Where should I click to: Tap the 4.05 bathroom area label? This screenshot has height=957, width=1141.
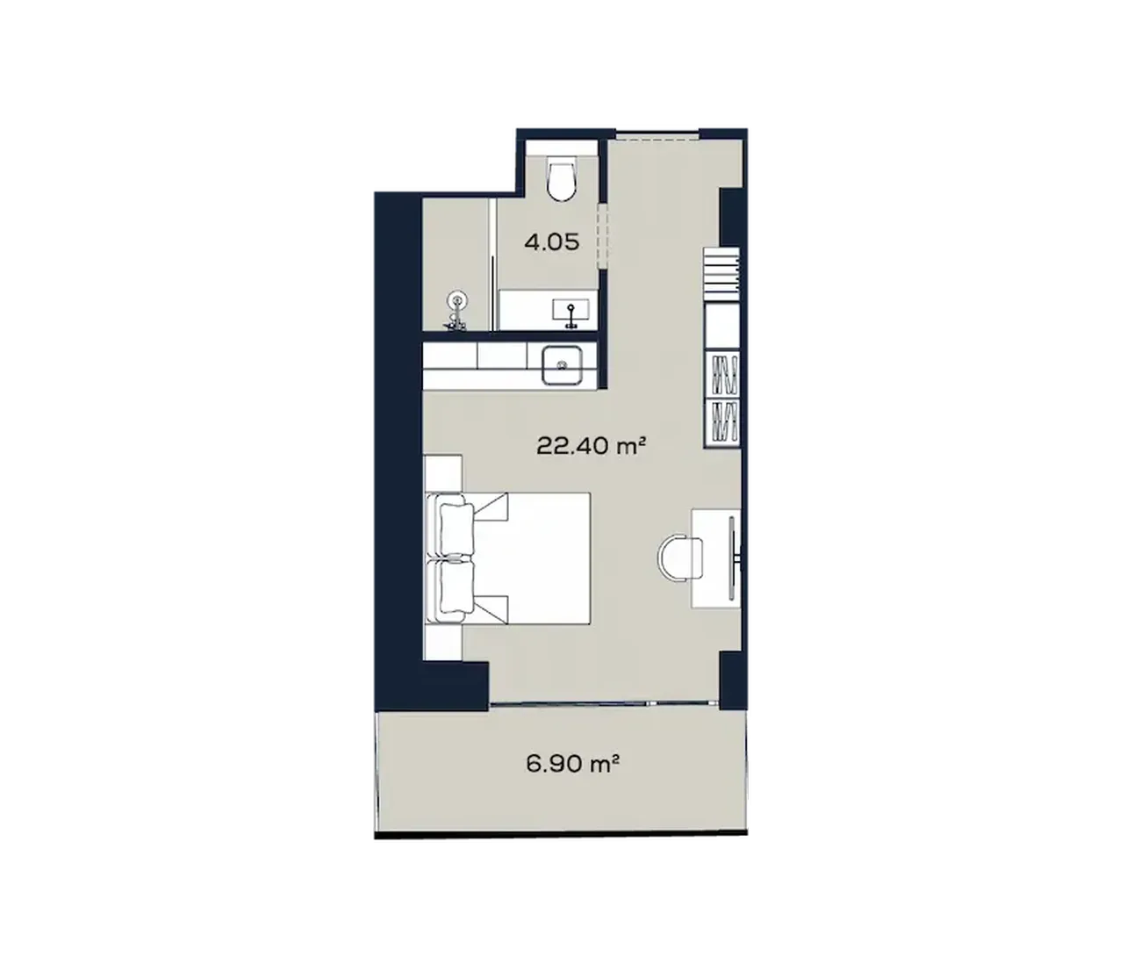(x=551, y=242)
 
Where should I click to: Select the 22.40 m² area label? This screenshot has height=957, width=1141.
(x=592, y=447)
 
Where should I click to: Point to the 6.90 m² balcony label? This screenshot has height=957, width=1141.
(x=572, y=763)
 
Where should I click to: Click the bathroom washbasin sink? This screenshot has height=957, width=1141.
(x=571, y=311)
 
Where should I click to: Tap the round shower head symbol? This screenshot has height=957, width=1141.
(x=457, y=301)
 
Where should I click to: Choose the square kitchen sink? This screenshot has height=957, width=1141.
(x=562, y=364)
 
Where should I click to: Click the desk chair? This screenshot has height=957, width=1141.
(x=680, y=558)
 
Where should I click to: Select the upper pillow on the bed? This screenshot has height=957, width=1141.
(x=456, y=530)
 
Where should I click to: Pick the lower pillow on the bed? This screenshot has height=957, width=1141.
(x=456, y=587)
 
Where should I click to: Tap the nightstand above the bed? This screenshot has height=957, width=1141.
(x=443, y=473)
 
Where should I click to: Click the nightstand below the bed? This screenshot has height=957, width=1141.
(x=443, y=643)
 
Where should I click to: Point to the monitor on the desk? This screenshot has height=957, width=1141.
(x=732, y=558)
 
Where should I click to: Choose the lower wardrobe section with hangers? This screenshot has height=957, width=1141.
(x=721, y=422)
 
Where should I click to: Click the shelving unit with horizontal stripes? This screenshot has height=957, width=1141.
(x=721, y=274)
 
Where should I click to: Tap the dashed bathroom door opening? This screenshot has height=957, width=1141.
(x=603, y=236)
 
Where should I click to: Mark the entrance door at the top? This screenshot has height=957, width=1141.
(x=657, y=137)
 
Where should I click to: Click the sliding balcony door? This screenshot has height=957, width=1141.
(x=603, y=703)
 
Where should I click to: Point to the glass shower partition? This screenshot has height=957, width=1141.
(x=494, y=264)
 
